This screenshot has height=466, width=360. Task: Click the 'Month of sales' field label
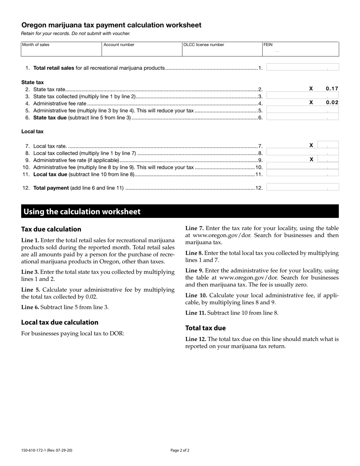point(36,45)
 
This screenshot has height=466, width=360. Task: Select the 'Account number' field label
point(119,45)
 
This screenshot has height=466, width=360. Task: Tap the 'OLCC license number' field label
point(204,45)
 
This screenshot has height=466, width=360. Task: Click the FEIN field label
point(268,45)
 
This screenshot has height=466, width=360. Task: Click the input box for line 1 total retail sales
point(302,67)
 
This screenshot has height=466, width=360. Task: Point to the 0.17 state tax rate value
point(332,89)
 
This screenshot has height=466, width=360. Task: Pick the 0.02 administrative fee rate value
point(332,102)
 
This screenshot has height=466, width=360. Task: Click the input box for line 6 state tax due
point(302,117)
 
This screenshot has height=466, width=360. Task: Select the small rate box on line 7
point(328,145)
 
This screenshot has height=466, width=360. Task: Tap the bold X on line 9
point(311,160)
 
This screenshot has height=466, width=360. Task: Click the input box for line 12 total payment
point(302,187)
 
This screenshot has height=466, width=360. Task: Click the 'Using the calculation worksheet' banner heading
point(82,212)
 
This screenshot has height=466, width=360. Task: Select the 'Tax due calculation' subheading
point(51,229)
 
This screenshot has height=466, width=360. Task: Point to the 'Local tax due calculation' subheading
point(60,322)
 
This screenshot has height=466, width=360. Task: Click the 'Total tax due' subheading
point(205,328)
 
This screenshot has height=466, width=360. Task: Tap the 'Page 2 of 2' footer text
point(180,450)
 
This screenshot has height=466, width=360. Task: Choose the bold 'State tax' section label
point(33,82)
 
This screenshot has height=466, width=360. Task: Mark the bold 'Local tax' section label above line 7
point(33,131)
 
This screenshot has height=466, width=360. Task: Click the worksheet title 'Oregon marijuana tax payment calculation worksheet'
point(111,25)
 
